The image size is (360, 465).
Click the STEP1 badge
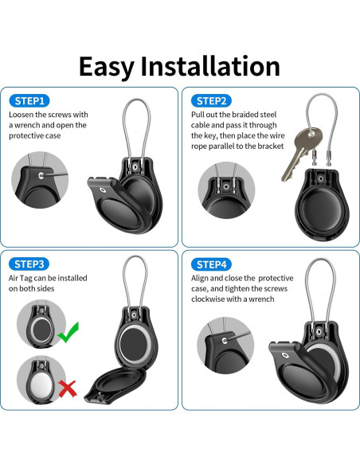pyautogui.click(x=31, y=100)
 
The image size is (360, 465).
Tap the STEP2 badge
pyautogui.click(x=213, y=100)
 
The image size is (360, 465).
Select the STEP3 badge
pyautogui.click(x=31, y=264)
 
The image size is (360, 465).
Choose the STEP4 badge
pyautogui.click(x=213, y=264)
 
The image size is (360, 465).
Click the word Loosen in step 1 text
pyautogui.click(x=23, y=115)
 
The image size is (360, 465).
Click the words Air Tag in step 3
pyautogui.click(x=22, y=278)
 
